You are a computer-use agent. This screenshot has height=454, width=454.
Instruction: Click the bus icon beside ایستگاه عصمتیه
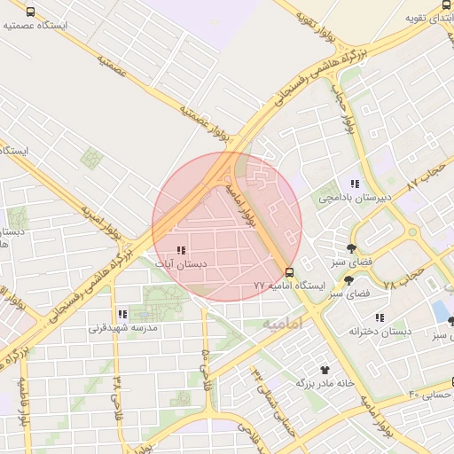click(x=31, y=13)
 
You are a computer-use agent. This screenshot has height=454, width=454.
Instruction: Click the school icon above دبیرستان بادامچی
click(x=354, y=184)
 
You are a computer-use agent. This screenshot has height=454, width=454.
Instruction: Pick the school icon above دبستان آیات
click(x=181, y=251)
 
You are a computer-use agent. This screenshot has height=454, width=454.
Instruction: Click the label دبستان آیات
click(x=181, y=264)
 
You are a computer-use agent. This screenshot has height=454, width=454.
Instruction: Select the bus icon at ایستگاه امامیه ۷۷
click(x=289, y=271)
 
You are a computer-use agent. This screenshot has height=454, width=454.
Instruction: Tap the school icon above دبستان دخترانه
click(x=380, y=317)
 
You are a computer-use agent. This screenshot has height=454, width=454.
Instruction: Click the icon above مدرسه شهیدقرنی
click(x=121, y=314)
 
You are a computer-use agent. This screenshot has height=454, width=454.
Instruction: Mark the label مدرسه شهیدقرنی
click(x=121, y=327)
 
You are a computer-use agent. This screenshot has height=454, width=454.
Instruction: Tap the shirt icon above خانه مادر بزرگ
click(x=325, y=370)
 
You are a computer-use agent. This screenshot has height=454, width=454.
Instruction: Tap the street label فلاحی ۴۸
click(x=117, y=392)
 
